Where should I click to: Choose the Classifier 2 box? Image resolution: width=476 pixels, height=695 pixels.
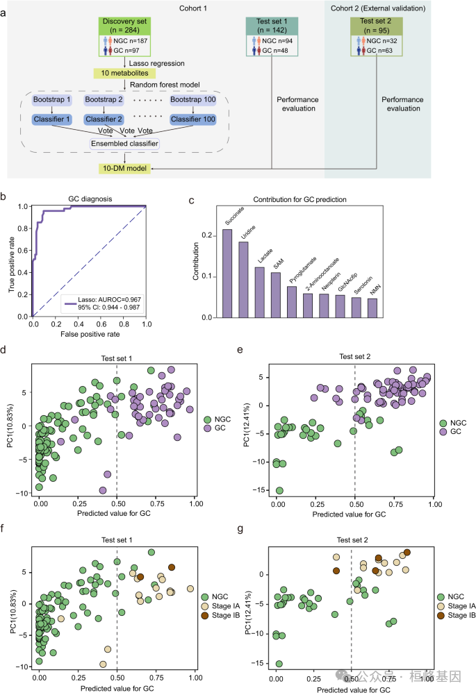point(108,119)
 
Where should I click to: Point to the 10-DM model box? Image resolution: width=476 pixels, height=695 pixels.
point(124,169)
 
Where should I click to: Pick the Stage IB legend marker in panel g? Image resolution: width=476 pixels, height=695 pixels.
point(442,615)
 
